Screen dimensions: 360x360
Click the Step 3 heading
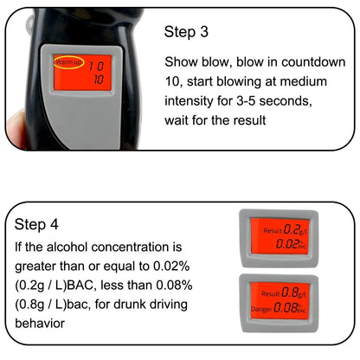(188, 32)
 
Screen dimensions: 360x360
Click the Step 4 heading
(39, 223)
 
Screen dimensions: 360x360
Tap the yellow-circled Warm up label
(67, 63)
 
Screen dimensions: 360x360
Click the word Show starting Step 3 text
(183, 62)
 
